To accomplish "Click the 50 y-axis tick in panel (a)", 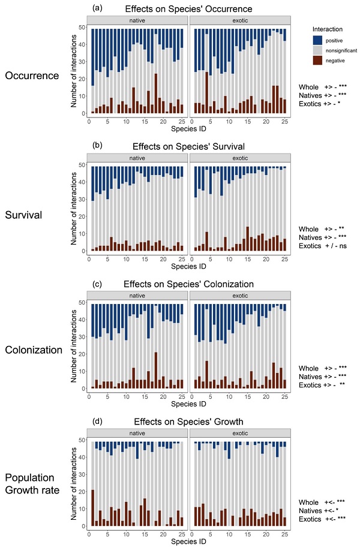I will coord(82,28).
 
